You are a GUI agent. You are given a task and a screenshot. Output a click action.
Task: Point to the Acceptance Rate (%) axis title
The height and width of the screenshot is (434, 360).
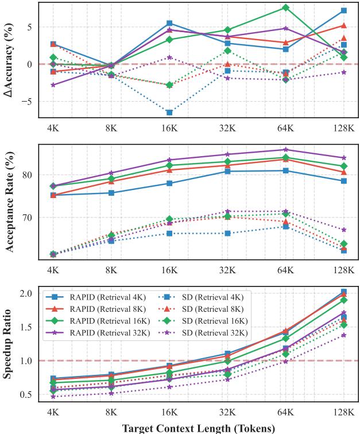(8, 202)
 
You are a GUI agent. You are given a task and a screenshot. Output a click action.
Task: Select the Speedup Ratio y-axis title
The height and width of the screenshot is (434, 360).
(8, 343)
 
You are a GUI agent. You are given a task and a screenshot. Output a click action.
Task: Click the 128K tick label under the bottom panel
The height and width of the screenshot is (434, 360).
(343, 412)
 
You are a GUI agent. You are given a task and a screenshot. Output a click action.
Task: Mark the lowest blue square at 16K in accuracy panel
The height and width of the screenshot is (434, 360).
(169, 113)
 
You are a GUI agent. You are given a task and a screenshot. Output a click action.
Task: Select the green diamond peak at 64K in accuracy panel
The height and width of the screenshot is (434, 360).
(285, 7)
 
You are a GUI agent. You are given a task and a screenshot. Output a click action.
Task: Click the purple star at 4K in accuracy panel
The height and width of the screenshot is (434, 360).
(53, 85)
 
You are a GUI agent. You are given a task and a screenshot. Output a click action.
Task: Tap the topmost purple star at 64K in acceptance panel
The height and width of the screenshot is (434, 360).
(285, 150)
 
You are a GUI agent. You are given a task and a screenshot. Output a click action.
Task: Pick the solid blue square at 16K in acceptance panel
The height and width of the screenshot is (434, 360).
(169, 183)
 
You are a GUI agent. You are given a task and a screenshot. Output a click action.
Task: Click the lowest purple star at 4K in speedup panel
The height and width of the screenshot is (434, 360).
(53, 397)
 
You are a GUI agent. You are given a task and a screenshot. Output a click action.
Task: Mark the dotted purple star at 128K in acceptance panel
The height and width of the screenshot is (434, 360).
(343, 230)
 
